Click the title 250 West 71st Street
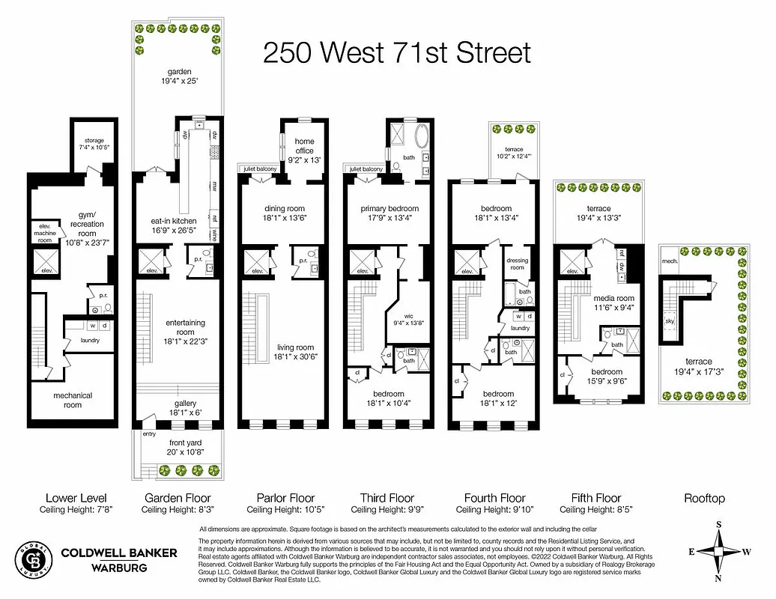(397, 53)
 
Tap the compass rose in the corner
(720, 553)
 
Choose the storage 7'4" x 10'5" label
(94, 144)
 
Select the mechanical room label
(72, 400)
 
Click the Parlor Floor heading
(285, 498)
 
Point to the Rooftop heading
(704, 498)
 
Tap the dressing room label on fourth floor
(518, 263)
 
